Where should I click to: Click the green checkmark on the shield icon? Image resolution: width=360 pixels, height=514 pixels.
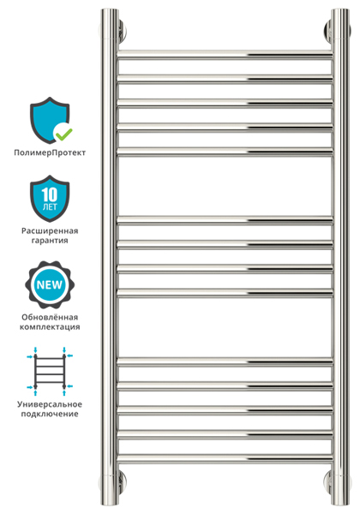(x=64, y=133)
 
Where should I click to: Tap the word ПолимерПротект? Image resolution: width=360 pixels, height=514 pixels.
(x=50, y=152)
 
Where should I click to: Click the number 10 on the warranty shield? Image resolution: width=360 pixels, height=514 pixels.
(x=50, y=194)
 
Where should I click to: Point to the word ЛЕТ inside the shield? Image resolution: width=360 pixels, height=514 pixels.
(x=50, y=206)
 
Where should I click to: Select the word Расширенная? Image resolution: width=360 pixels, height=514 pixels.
(x=50, y=230)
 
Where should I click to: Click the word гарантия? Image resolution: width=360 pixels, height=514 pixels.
(x=50, y=240)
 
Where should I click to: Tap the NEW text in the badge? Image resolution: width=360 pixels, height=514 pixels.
(x=50, y=284)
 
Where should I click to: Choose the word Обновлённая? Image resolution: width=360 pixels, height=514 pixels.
(x=50, y=317)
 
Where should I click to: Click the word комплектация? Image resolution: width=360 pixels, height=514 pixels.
(x=50, y=327)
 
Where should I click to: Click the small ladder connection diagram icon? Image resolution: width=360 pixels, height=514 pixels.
(x=50, y=371)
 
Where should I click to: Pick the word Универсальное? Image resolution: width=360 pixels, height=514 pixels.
(x=50, y=404)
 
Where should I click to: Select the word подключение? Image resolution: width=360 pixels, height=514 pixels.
(x=50, y=414)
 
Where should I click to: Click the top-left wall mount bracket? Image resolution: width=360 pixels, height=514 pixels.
(x=122, y=31)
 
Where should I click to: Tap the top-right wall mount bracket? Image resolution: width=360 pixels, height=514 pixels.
(x=328, y=31)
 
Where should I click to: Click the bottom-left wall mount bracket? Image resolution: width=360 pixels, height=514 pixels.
(x=122, y=481)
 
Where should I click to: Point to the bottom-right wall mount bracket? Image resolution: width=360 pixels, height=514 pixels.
(x=328, y=481)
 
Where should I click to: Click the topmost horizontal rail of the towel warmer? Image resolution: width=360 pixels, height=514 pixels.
(x=225, y=55)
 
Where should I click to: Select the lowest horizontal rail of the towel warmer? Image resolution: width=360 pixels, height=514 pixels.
(x=225, y=459)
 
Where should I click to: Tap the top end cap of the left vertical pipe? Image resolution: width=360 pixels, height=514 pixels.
(x=110, y=11)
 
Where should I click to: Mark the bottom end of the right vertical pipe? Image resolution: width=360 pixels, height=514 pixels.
(x=340, y=503)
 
